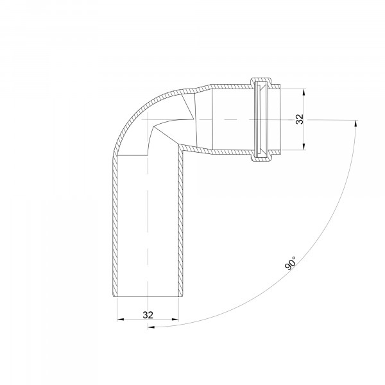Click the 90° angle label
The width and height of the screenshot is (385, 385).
coord(291,263)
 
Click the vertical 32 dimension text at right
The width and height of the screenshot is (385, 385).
coord(300,119)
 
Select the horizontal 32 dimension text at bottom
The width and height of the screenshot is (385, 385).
coord(148,315)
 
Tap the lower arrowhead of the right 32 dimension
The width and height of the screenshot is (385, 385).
coord(304,146)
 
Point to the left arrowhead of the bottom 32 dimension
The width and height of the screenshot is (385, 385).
coord(121,320)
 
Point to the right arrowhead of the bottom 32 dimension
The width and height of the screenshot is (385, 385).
coord(175,320)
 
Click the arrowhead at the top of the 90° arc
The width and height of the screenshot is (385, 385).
coord(355,123)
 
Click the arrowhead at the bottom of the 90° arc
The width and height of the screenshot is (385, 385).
coord(151,327)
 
